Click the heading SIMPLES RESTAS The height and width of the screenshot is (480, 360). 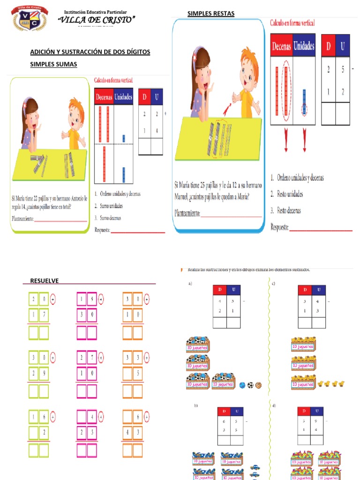211,14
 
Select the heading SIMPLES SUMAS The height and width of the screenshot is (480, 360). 53,64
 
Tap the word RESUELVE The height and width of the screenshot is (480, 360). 45,281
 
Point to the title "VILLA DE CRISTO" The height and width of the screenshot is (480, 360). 96,19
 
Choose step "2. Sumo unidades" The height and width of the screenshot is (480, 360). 109,206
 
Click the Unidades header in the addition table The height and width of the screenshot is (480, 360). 123,97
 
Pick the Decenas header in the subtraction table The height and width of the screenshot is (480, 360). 281,46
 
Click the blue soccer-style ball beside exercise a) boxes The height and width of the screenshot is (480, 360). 242,385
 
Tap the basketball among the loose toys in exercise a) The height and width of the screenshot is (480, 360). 258,385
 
